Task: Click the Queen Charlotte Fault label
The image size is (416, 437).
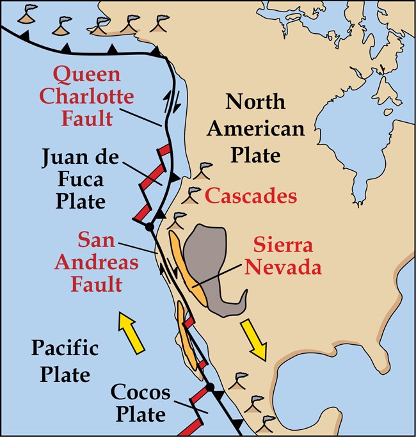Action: click(94, 97)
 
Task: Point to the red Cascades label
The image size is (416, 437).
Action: click(251, 196)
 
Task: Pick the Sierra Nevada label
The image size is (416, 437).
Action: click(286, 256)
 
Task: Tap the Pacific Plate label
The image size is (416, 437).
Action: click(65, 362)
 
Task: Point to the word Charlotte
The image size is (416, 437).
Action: click(94, 97)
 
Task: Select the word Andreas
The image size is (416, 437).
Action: click(99, 262)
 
